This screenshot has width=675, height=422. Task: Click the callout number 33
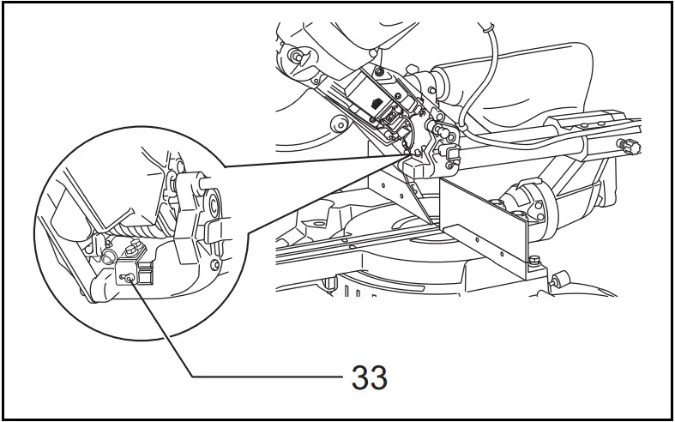[369, 377]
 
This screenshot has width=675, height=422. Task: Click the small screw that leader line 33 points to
[125, 276]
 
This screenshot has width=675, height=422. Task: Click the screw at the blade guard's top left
[295, 57]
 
